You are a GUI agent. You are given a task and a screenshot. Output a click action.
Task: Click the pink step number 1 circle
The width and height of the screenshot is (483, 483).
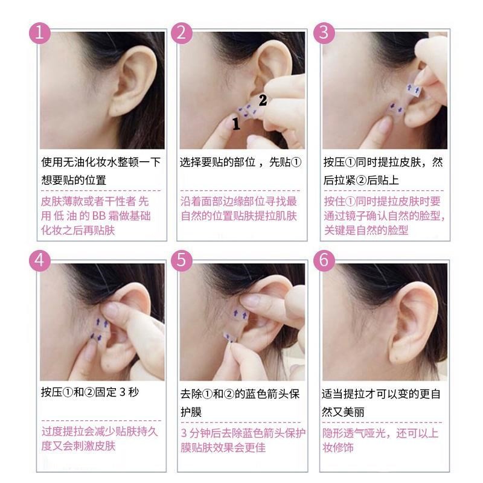(x=40, y=32)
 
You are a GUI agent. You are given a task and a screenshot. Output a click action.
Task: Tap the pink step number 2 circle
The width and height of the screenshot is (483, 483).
(x=181, y=32)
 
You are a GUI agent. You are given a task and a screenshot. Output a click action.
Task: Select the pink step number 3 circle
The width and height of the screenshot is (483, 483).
(x=324, y=32)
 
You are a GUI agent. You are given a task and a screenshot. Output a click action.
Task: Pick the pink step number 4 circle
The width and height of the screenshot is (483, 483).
(x=40, y=260)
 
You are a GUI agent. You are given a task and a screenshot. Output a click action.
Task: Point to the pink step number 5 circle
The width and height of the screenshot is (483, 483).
(x=181, y=260)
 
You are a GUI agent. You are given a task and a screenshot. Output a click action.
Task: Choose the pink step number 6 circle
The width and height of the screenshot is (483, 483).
(x=324, y=260)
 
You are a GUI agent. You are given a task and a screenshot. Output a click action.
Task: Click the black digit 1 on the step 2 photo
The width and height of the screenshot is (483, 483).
(x=236, y=125)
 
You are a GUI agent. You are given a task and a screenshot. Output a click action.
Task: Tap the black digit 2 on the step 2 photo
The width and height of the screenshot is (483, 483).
(x=263, y=100)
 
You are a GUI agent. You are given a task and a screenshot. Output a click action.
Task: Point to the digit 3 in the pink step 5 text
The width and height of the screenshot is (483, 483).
(x=184, y=433)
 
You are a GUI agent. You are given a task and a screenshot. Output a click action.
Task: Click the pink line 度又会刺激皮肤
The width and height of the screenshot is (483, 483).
(x=78, y=447)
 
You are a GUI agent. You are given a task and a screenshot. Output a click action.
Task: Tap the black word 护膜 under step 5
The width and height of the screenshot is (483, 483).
(x=191, y=412)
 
